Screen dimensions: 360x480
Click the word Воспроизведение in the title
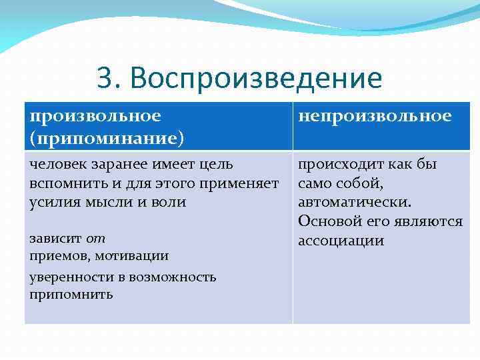(x=257, y=79)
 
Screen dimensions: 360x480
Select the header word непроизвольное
(x=375, y=116)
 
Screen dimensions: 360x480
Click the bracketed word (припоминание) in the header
(x=107, y=137)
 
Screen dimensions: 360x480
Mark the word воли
(x=170, y=202)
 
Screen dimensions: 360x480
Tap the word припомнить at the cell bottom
(x=71, y=294)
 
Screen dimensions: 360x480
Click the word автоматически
(x=355, y=202)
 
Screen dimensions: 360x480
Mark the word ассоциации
(x=341, y=241)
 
